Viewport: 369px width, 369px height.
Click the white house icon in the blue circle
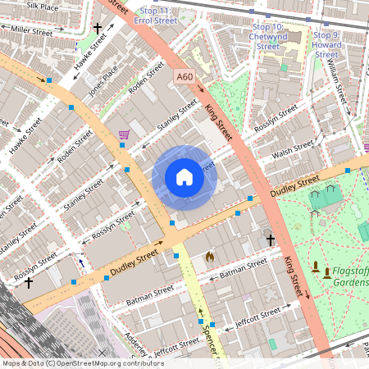tap(184, 177)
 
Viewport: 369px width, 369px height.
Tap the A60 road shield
tap(185, 77)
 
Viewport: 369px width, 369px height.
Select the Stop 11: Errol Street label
tap(157, 15)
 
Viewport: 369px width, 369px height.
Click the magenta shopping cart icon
tap(124, 134)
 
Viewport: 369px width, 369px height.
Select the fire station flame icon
tap(209, 257)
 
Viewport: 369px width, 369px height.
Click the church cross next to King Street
tap(271, 239)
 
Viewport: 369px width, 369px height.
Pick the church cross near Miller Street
tap(98, 29)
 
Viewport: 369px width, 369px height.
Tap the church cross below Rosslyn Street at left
tap(29, 283)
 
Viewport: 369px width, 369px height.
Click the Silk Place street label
tap(43, 6)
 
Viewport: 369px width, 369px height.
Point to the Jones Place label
tap(103, 82)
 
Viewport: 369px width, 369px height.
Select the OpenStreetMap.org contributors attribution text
tap(106, 362)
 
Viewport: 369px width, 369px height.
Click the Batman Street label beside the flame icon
tap(244, 266)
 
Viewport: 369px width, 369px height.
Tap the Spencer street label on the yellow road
tap(209, 332)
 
